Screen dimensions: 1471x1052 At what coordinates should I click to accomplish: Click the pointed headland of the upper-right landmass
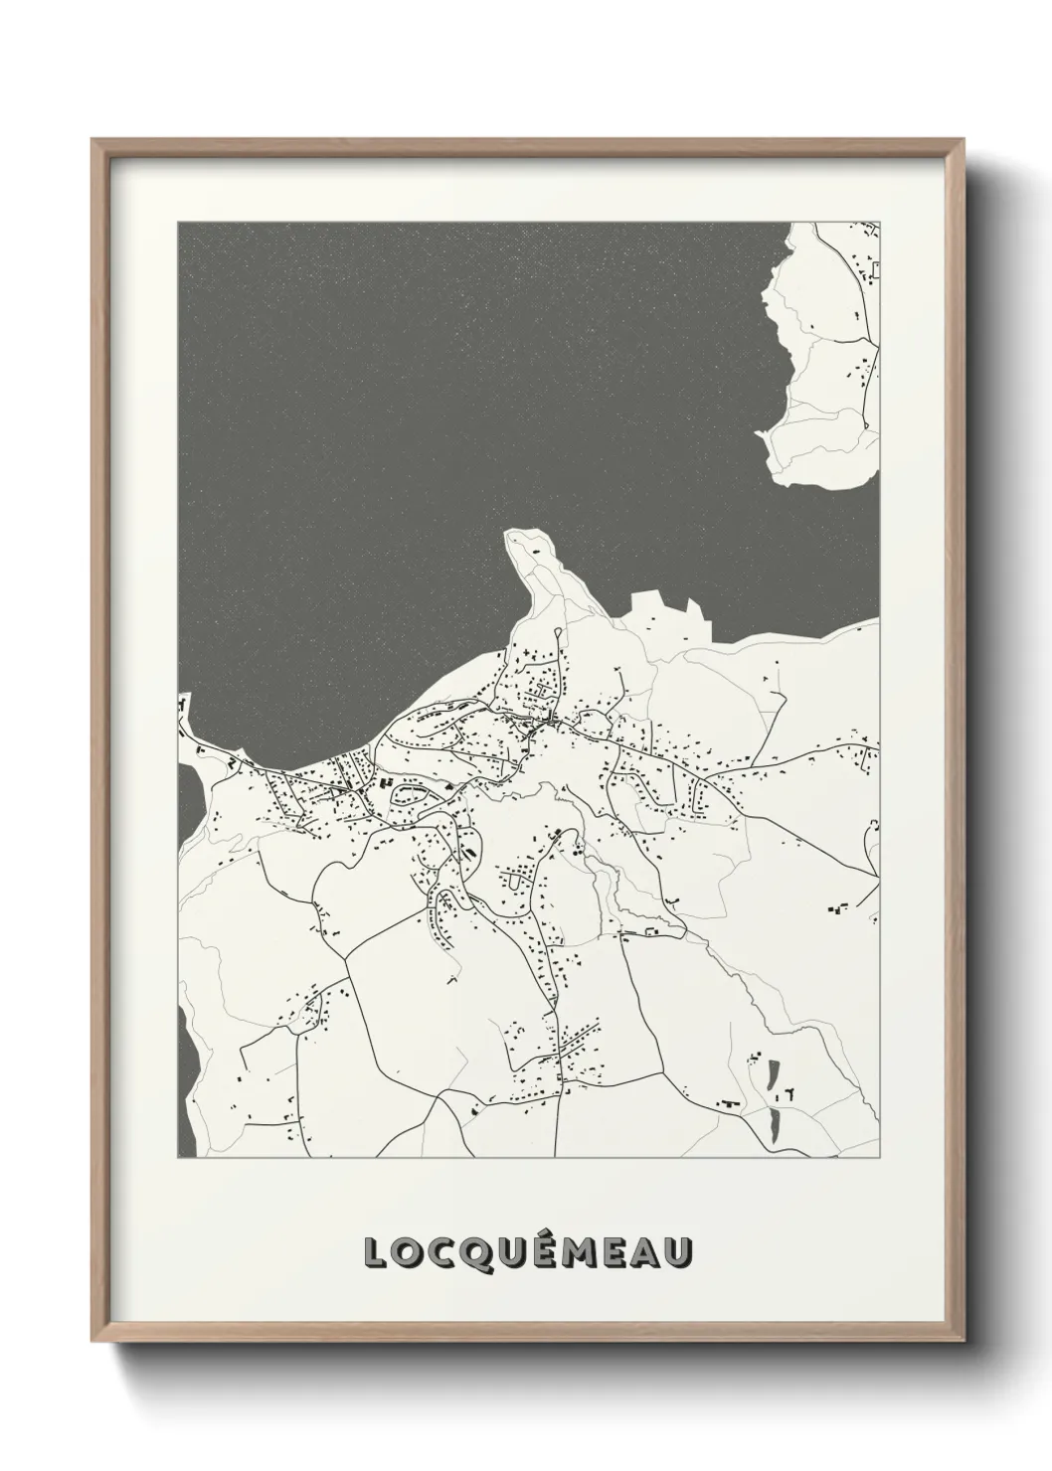760,434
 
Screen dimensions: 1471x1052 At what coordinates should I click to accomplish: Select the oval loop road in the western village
410,795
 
